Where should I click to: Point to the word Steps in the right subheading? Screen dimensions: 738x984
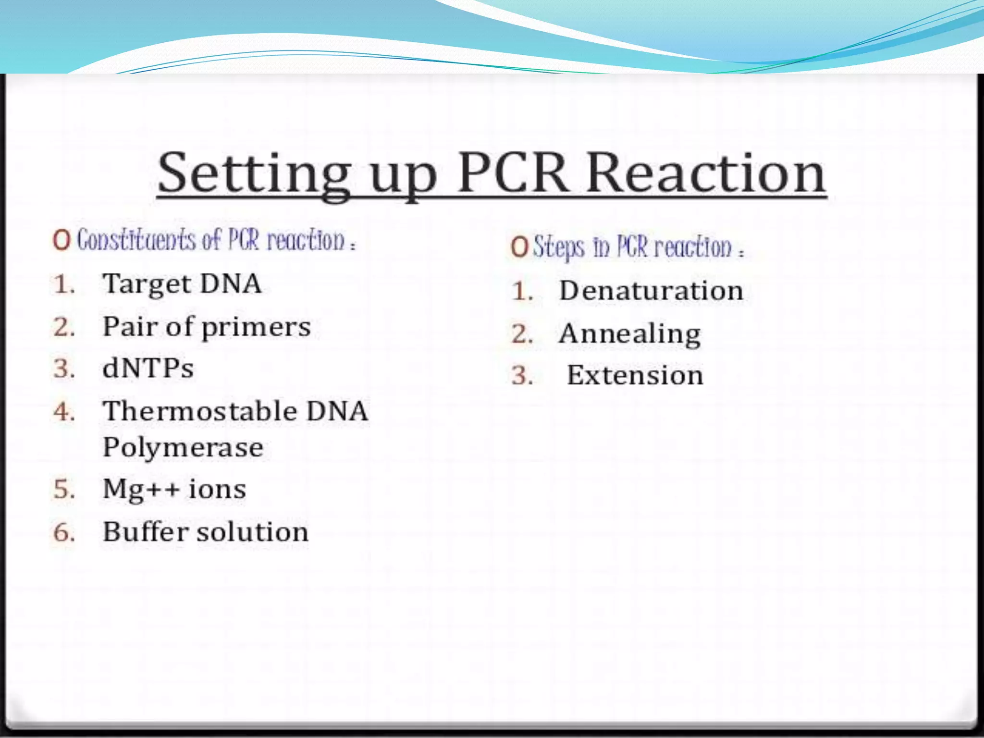[x=559, y=247]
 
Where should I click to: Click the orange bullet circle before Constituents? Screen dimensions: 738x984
[x=62, y=240]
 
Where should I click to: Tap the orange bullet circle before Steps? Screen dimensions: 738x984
[x=519, y=247]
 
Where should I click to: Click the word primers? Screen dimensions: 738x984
[x=256, y=328]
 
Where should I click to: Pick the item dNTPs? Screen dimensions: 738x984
[x=148, y=369]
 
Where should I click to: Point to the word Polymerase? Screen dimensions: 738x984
[x=183, y=448]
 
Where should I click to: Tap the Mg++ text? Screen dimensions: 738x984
[x=141, y=490]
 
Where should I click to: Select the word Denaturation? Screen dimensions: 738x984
[x=651, y=291]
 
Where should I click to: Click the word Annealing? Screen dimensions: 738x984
[x=629, y=334]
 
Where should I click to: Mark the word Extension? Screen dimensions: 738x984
[x=635, y=375]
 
